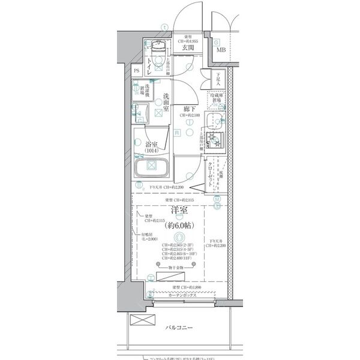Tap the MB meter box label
coord(221,50)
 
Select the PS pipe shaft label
coord(137,70)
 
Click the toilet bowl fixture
coord(158,49)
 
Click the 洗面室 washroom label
coord(165,103)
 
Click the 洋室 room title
coord(181,211)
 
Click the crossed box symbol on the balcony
coord(139,319)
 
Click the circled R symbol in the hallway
coord(178,133)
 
